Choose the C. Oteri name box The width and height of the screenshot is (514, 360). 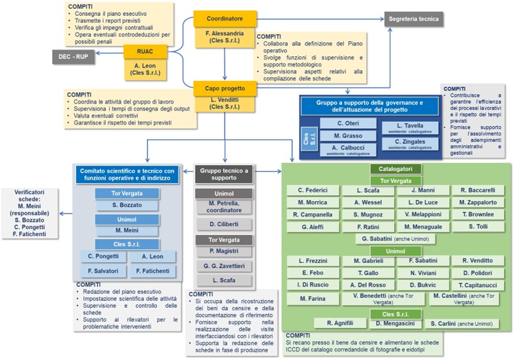[x=348, y=123]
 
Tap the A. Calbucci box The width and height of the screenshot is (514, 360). [x=348, y=150]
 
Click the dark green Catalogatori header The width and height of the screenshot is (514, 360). [x=395, y=169]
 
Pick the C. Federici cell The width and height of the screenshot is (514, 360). [x=312, y=190]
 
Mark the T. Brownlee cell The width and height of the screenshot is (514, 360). [x=478, y=214]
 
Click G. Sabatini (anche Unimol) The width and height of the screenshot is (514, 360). [x=395, y=239]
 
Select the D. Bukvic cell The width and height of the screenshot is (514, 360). [x=421, y=285]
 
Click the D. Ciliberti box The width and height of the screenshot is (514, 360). [x=224, y=224]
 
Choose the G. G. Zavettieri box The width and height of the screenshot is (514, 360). [x=224, y=266]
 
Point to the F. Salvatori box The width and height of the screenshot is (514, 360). [x=103, y=271]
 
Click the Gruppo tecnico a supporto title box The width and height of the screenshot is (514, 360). [x=224, y=174]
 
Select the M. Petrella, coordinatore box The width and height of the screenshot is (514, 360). [x=224, y=207]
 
